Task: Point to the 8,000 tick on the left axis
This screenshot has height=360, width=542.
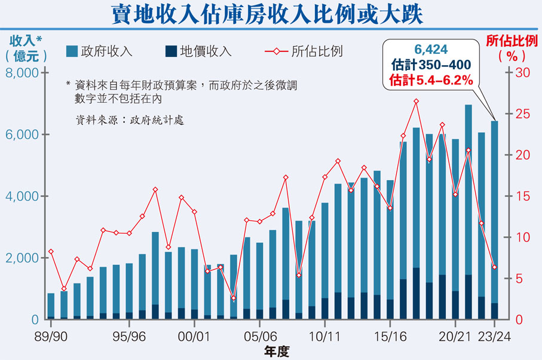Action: coord(22,73)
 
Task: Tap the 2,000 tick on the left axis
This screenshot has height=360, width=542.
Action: coord(22,258)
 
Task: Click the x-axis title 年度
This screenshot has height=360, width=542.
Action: coord(276,351)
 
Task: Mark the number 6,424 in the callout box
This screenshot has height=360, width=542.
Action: coord(431,50)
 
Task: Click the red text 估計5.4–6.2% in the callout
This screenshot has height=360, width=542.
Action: coord(431,78)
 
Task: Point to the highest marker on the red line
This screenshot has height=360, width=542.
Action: coord(417,101)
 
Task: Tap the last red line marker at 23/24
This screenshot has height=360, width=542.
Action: coord(494,267)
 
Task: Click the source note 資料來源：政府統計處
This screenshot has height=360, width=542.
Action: coord(129,120)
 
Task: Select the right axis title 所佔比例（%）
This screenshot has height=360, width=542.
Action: coord(512,48)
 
